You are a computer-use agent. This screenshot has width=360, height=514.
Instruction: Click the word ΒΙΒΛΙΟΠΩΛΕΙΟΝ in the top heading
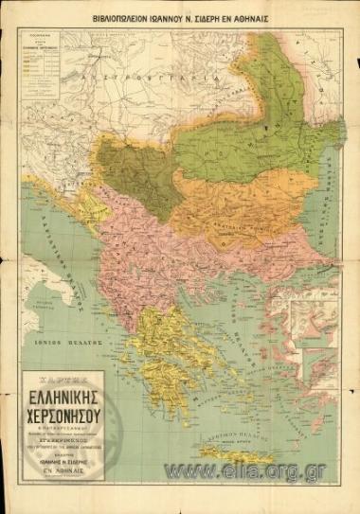click(124, 17)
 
